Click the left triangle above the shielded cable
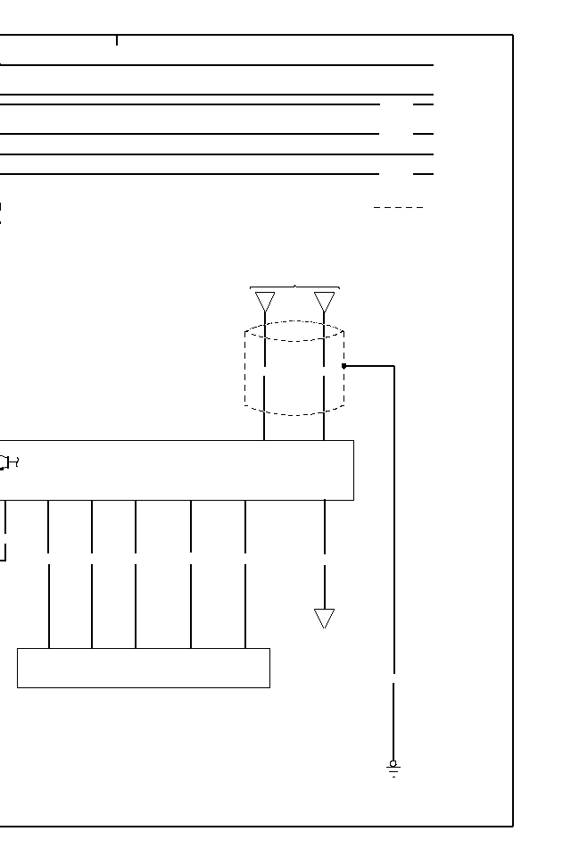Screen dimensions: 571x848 coord(265,302)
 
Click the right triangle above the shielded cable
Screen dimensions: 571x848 coord(325,302)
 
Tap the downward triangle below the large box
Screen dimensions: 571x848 coord(325,618)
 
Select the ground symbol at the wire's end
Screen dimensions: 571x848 coord(393,768)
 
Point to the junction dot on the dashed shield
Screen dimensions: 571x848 coord(344,366)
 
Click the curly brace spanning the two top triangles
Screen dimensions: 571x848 coord(295,287)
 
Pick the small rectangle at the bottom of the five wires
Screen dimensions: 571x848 coord(144,668)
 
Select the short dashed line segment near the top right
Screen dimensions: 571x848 coord(398,208)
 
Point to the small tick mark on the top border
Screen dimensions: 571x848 coord(117,40)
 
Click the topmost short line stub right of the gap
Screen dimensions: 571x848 coord(423,104)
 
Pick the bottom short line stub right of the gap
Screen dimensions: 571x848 coord(423,174)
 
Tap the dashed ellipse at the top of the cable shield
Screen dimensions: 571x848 coord(294,331)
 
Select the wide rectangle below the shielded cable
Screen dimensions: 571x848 coord(178,470)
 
